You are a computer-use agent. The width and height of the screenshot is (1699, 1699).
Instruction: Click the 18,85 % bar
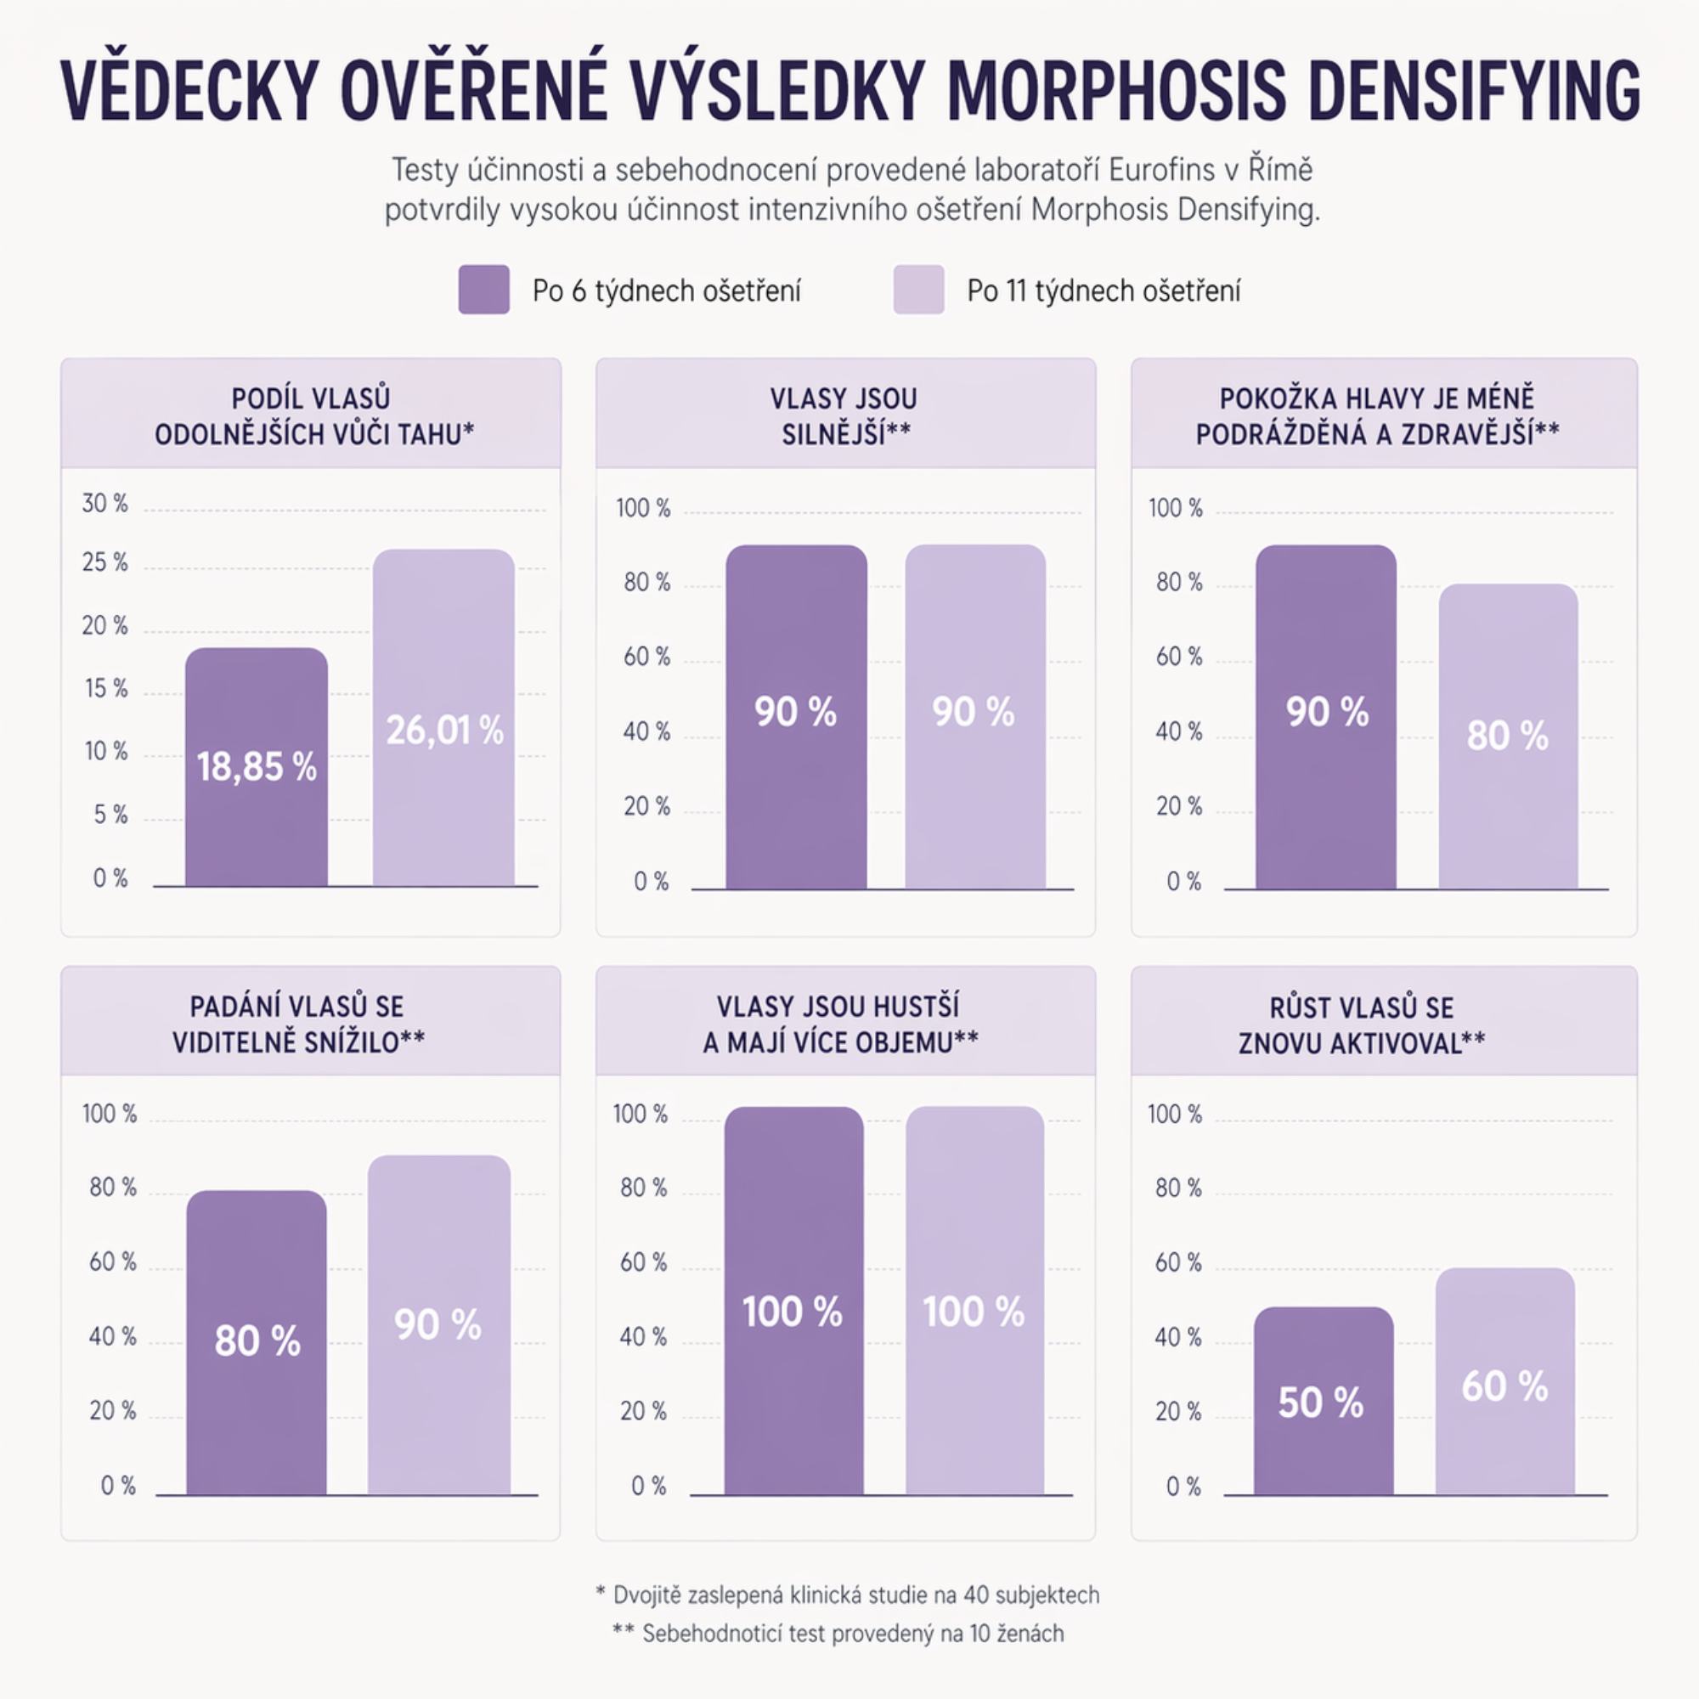click(256, 767)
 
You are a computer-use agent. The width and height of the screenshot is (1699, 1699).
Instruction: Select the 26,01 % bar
click(443, 718)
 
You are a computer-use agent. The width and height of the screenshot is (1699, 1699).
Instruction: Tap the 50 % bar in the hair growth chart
click(1323, 1401)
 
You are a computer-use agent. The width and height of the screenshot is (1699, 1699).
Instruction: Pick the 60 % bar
click(1504, 1380)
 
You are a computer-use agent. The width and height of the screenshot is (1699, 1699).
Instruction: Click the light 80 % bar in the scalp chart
click(1508, 736)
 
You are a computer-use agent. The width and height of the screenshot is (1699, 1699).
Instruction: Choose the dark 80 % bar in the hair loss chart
click(256, 1342)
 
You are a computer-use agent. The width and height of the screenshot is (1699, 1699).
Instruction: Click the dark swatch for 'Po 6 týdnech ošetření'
click(483, 291)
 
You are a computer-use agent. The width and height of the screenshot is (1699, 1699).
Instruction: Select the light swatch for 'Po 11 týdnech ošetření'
click(918, 291)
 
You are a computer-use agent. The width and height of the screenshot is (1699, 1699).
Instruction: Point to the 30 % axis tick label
click(104, 504)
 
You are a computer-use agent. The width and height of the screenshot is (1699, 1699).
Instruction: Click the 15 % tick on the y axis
click(105, 689)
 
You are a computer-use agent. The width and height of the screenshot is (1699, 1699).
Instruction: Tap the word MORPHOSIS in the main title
click(1118, 92)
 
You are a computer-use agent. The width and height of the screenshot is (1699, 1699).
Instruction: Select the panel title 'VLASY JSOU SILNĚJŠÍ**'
click(844, 416)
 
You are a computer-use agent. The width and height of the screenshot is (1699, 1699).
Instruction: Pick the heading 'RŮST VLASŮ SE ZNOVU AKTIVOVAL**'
click(1361, 1025)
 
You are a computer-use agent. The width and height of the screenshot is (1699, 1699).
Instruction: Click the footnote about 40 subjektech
click(847, 1595)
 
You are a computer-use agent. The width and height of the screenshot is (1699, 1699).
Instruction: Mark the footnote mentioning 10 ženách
click(838, 1634)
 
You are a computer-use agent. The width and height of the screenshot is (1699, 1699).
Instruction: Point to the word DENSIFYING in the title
click(1473, 92)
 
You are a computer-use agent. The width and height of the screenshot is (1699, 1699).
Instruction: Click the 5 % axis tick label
click(110, 816)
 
